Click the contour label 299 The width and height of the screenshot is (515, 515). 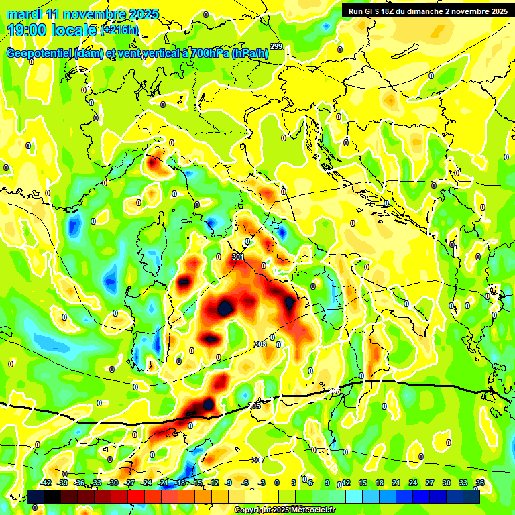[276, 46]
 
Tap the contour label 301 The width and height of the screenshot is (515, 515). [238, 257]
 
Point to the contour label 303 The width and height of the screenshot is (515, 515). [260, 344]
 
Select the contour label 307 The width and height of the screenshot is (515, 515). [257, 460]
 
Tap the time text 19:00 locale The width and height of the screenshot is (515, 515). [52, 30]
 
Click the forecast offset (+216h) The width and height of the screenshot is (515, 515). [119, 30]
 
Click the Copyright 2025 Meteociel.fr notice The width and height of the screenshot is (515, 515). [285, 510]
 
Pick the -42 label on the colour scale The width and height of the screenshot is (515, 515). [46, 483]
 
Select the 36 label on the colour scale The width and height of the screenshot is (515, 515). [479, 483]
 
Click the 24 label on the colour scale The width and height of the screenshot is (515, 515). [413, 483]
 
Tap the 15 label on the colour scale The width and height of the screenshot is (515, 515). [363, 483]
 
